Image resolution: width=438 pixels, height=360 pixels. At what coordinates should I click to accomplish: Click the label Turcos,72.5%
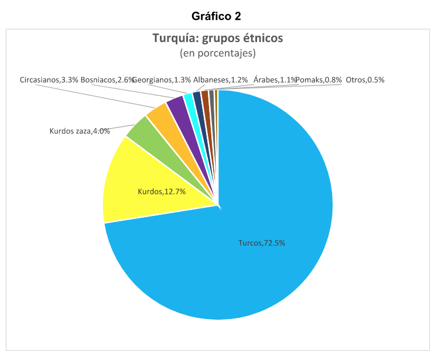click(262, 243)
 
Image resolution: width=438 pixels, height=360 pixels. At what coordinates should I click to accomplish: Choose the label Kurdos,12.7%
click(162, 191)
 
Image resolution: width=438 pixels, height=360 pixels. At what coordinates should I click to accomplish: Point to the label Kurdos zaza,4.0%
click(80, 131)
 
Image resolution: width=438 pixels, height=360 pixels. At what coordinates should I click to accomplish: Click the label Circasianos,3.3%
click(49, 80)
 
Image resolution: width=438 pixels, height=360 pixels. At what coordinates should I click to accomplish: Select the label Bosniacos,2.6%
click(108, 80)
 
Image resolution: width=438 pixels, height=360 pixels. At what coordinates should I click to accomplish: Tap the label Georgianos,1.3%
click(162, 80)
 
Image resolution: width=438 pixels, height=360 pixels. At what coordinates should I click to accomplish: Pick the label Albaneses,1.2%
click(220, 80)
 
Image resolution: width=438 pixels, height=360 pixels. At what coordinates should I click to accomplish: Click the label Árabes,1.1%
click(275, 80)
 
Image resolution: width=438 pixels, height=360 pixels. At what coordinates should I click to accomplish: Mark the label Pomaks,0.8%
click(319, 80)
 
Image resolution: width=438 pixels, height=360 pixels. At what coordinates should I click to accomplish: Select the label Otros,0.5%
click(365, 80)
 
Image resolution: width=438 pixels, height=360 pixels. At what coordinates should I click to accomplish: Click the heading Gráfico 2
click(216, 16)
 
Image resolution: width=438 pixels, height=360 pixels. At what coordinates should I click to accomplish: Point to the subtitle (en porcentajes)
click(218, 53)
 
